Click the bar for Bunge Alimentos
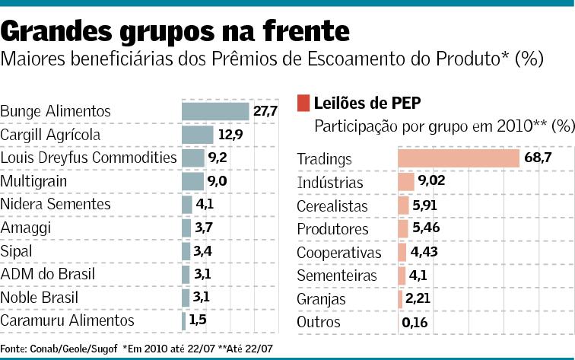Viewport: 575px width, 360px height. tap(215, 111)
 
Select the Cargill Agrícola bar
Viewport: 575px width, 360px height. tap(197, 135)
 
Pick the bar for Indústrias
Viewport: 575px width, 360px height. tap(405, 182)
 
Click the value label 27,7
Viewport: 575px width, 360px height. tap(265, 111)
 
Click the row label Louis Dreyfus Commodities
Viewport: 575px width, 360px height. tap(88, 158)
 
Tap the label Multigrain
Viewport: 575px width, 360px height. tap(34, 181)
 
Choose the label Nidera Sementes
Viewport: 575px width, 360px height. tap(56, 204)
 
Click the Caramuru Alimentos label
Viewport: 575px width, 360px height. tap(67, 320)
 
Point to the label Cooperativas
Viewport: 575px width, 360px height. tap(338, 253)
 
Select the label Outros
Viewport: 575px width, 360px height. tap(318, 323)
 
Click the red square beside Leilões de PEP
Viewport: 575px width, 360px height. tap(303, 102)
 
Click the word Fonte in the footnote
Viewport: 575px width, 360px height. tap(12, 349)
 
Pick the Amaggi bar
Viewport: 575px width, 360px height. tap(186, 228)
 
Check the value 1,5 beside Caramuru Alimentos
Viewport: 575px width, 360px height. tap(198, 320)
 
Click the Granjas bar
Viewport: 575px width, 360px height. tap(400, 299)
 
